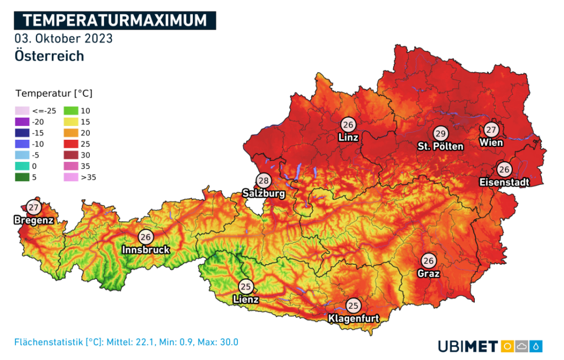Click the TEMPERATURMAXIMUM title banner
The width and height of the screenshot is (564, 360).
[115, 20]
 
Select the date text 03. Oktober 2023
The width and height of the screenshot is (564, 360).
[64, 39]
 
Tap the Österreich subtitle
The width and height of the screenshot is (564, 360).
[50, 56]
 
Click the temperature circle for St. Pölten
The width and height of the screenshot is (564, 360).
[440, 134]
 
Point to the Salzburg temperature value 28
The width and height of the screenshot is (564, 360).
[263, 181]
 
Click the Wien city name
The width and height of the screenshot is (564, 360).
[491, 143]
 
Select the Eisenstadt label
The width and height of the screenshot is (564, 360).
[504, 182]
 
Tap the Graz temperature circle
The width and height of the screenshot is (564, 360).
[429, 260]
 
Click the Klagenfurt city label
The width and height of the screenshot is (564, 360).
[353, 318]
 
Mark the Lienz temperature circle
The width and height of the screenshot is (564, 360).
[246, 286]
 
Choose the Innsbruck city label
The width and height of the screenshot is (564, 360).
[145, 250]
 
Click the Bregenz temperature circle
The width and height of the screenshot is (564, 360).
[35, 208]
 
